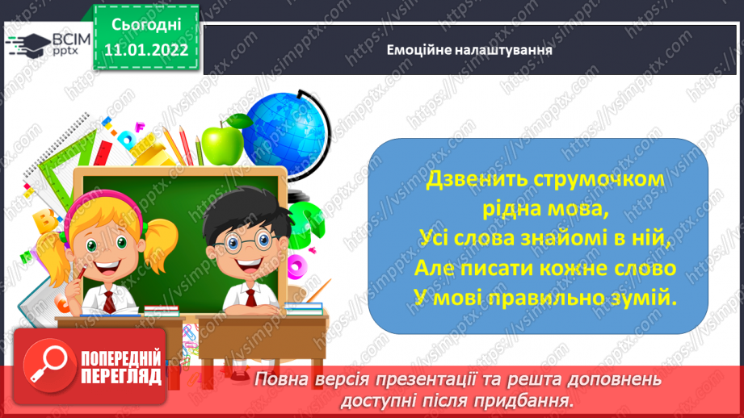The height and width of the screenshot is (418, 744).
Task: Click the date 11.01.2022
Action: point(146,50)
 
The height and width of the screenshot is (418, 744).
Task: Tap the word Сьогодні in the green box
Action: point(146,25)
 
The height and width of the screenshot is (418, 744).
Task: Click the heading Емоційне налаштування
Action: point(469,50)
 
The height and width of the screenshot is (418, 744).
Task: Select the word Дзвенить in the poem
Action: point(477,180)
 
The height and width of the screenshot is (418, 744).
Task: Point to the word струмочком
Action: point(599,181)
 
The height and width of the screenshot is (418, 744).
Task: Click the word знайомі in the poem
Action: point(564,238)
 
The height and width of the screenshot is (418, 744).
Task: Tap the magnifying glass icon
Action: point(48,366)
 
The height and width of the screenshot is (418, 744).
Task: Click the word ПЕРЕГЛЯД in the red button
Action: point(121,377)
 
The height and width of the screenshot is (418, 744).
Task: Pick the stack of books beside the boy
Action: point(305,308)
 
